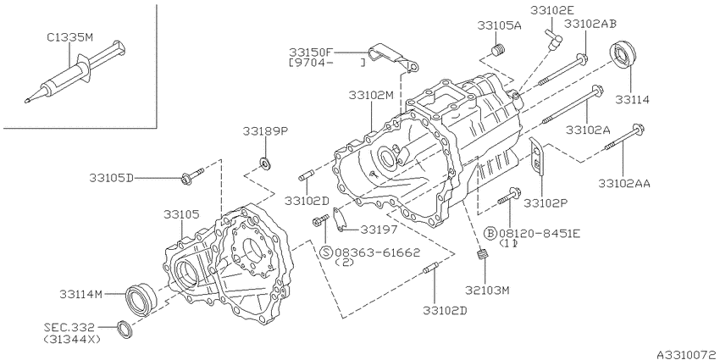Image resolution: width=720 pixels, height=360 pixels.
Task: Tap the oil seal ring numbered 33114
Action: pos(623,56)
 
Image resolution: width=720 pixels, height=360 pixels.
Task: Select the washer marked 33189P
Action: pos(265,162)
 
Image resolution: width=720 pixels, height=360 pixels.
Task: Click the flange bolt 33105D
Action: pos(192,177)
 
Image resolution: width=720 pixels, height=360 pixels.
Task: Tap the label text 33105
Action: pos(181,214)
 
